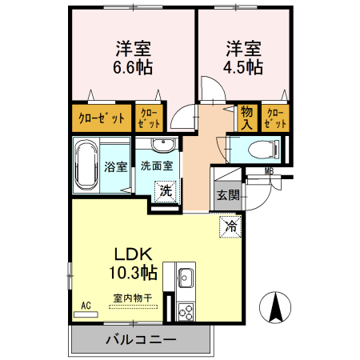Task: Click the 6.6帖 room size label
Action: coord(133,67)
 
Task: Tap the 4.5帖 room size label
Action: coord(243,67)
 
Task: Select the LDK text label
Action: coord(133,254)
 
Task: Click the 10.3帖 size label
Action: coord(133,273)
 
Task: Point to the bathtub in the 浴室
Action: coord(86,165)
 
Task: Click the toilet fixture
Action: coord(263,150)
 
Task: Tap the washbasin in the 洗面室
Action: coord(162,144)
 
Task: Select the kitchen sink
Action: coord(186,278)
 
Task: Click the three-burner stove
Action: coord(186,312)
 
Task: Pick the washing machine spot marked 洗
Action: coord(166,191)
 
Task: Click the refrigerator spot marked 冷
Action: coord(230,226)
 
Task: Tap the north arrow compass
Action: coord(275,307)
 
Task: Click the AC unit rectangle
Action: coord(86,314)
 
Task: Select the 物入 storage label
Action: coord(246,118)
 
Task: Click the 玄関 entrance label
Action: coord(228,195)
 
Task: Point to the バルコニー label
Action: coord(141,340)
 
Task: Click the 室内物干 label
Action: coord(133,298)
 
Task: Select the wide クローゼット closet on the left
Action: coord(102,118)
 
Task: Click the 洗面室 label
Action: coord(157,166)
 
